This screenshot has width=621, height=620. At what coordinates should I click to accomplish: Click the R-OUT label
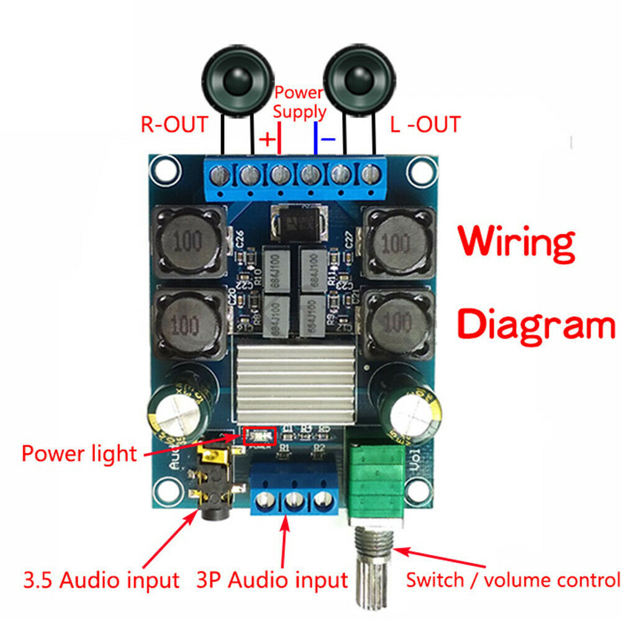point(173,124)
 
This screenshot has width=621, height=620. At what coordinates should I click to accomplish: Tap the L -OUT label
point(425,124)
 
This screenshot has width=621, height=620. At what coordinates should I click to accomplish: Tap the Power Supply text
point(299,103)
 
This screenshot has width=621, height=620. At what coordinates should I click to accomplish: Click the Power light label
point(79,453)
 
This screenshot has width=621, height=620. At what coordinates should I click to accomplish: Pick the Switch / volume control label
point(513,580)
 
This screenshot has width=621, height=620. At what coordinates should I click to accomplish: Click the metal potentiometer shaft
point(373,562)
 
